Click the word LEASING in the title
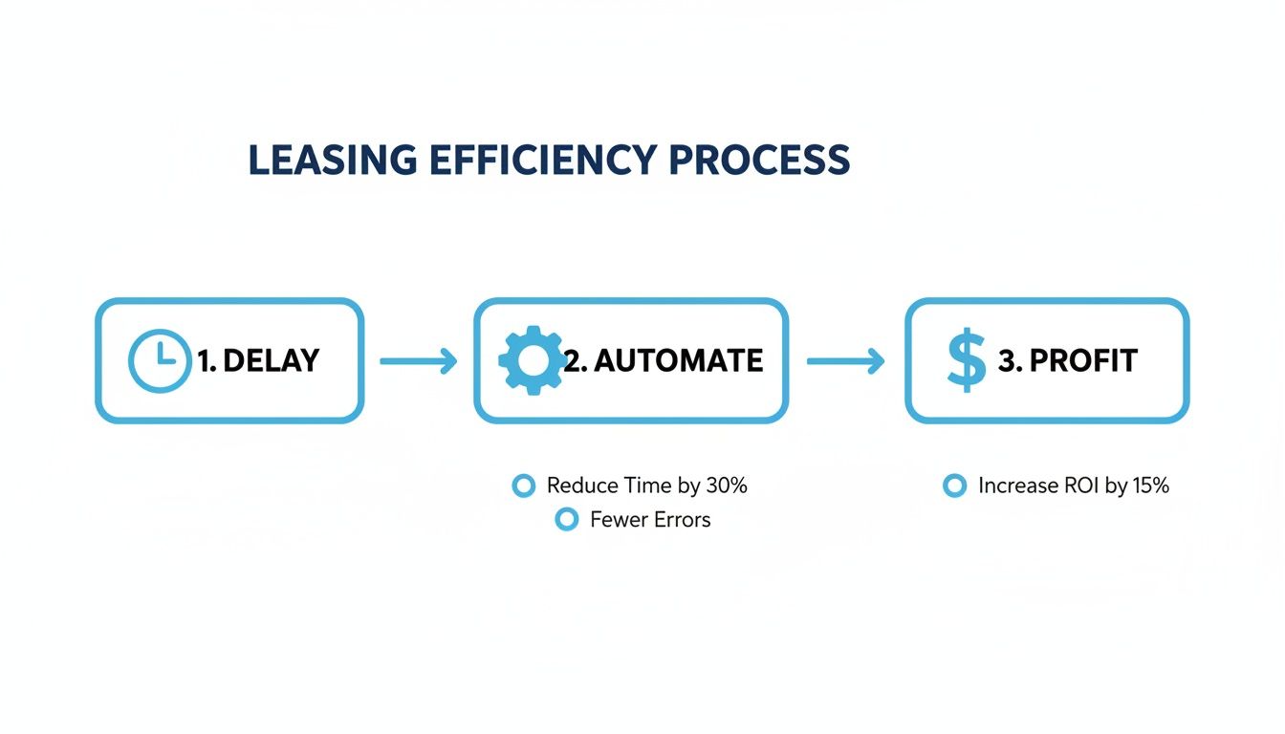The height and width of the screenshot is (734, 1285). click(333, 160)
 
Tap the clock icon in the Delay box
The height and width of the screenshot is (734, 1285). click(159, 360)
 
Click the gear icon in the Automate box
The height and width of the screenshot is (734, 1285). click(532, 360)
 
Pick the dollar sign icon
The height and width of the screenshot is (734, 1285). click(966, 361)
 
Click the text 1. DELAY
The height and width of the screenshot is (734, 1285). click(258, 360)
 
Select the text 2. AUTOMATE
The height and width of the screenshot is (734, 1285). click(664, 360)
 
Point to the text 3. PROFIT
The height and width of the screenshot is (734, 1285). click(1067, 360)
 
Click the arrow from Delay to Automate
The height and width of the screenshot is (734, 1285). click(419, 361)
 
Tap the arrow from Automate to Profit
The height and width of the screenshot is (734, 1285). click(846, 361)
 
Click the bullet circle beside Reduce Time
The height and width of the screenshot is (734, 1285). click(523, 486)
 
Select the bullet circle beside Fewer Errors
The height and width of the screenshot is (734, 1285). click(567, 520)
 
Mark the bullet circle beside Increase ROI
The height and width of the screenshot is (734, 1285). click(953, 486)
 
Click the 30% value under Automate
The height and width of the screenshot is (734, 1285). click(727, 486)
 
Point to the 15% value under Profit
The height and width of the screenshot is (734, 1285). click(1150, 486)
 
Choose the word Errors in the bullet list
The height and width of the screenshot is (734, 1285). click(682, 520)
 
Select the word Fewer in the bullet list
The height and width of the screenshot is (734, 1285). click(618, 520)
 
